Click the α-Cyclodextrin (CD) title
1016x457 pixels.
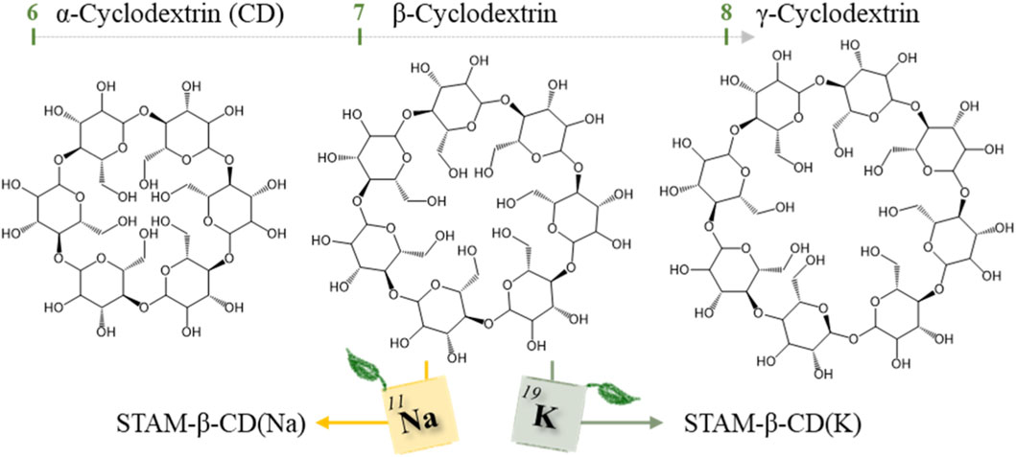tap(154, 16)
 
